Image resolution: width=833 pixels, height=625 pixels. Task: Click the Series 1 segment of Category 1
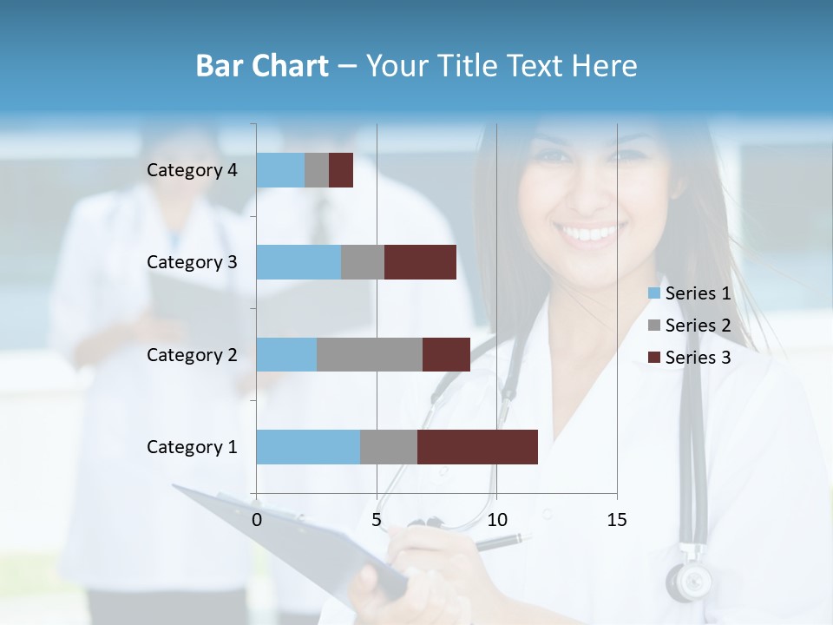coord(308,447)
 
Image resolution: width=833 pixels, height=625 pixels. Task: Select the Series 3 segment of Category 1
coord(477,447)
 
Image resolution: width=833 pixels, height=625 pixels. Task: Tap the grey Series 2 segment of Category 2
coord(370,354)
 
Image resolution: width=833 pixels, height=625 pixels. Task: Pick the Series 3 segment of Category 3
coord(420,262)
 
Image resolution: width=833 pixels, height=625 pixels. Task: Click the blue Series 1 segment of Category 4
coord(280,170)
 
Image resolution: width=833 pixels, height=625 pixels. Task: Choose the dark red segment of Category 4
coord(341,170)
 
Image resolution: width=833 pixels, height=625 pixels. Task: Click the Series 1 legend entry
coord(690,293)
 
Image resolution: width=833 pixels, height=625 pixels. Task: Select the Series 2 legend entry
coord(690,326)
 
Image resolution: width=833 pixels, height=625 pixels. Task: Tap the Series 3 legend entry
coord(690,358)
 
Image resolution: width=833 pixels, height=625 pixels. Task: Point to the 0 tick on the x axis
coord(257,520)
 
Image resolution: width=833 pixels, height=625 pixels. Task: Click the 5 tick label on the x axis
coord(377,520)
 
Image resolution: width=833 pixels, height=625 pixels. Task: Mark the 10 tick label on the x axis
coord(496,520)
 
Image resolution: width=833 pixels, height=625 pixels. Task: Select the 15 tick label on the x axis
coord(616,520)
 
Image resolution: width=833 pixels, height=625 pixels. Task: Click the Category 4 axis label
coord(192,170)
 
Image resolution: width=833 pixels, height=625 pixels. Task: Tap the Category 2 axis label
coord(192,354)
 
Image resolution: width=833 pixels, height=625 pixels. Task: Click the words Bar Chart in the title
coord(262,66)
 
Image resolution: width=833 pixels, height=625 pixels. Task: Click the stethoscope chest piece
coord(689,580)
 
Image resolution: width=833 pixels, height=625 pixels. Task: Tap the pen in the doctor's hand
coord(502,542)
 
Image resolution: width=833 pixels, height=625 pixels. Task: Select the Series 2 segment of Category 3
coord(363,262)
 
